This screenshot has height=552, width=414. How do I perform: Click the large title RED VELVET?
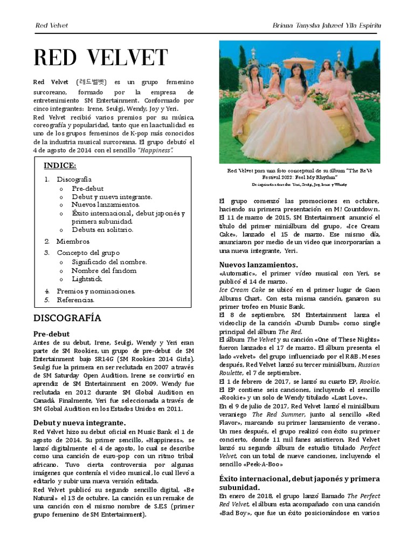click(100, 58)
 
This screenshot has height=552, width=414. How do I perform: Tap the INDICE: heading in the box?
click(60, 165)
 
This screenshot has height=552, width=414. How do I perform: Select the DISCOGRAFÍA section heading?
click(67, 318)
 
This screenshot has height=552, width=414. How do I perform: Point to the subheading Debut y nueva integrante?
click(79, 423)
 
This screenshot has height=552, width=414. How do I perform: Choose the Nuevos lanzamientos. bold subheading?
click(258, 265)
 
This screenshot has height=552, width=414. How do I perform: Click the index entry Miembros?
click(73, 241)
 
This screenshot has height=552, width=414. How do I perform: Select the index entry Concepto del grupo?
click(88, 252)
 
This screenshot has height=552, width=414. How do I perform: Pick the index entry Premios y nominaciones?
click(96, 291)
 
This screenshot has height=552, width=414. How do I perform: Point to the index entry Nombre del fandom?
click(104, 271)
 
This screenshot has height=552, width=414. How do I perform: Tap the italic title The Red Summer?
click(272, 415)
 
